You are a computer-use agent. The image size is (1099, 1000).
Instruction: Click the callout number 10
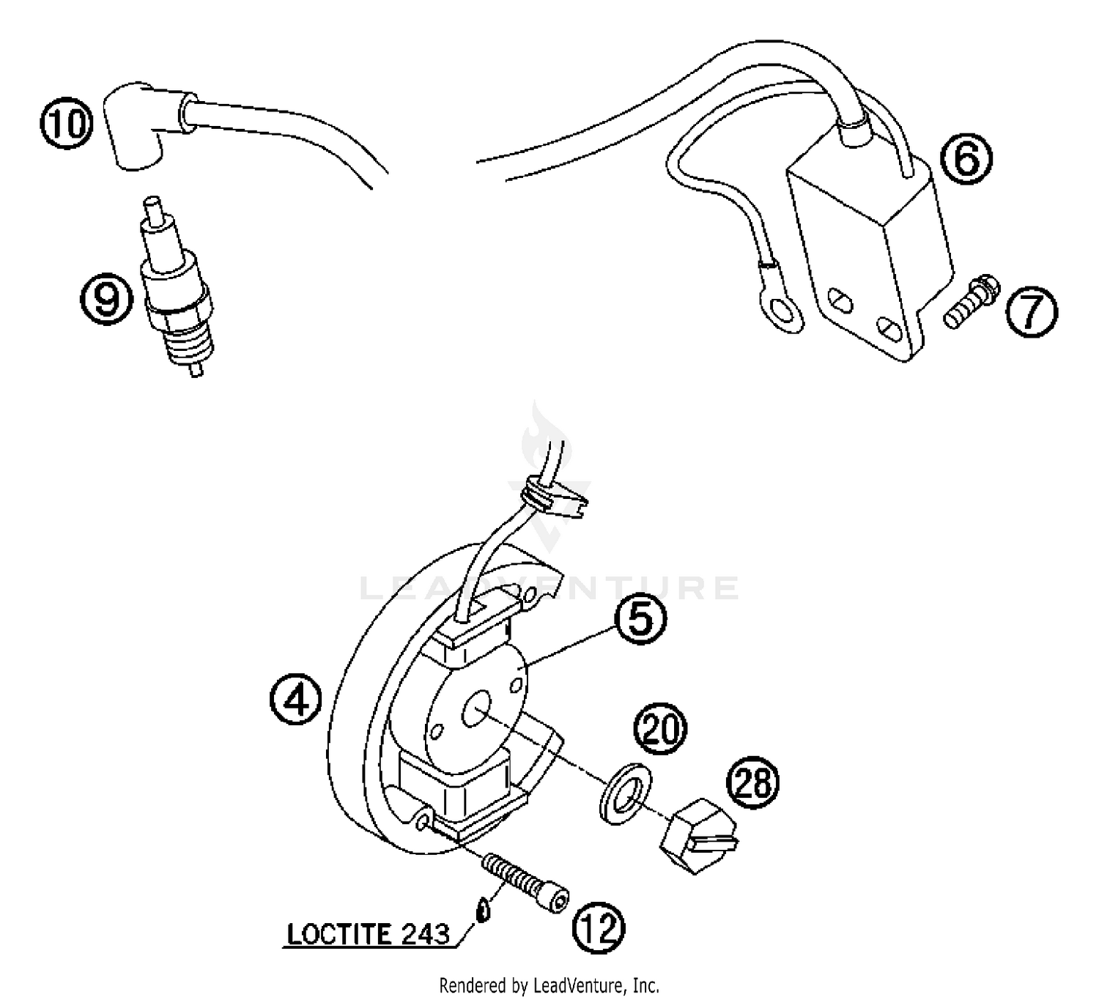[x=67, y=123]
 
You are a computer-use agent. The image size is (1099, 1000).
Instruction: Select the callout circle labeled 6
[x=966, y=160]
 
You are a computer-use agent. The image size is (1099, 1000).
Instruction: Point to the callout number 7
[x=1031, y=311]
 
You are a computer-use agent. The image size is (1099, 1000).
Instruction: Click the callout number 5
[x=640, y=619]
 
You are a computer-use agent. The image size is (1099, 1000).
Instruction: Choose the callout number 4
[x=295, y=700]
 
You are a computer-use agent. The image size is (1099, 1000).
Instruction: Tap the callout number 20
[x=661, y=729]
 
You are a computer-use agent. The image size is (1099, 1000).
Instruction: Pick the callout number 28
[x=752, y=782]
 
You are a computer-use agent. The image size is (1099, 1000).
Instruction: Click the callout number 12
[x=599, y=927]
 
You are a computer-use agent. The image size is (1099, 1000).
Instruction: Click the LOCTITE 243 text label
[x=368, y=934]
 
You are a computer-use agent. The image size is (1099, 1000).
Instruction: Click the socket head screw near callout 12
[x=525, y=883]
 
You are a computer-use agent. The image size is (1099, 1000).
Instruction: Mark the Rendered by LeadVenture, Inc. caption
[x=549, y=985]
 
